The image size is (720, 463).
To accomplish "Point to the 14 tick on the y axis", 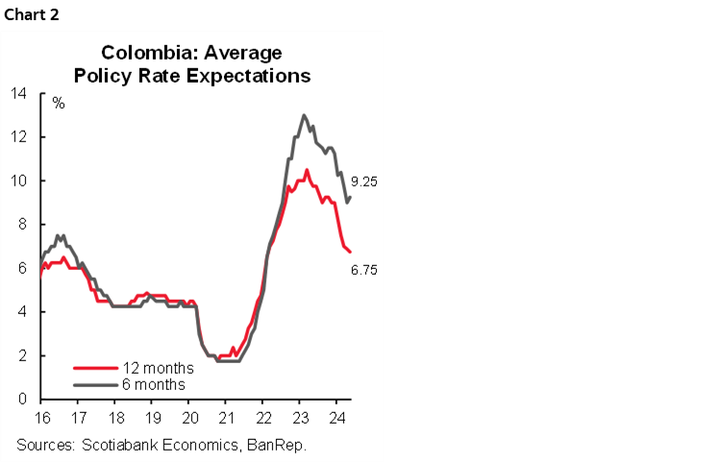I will point(19,93).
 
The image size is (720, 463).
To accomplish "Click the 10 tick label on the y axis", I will point(19,181).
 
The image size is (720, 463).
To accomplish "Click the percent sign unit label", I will point(59,103).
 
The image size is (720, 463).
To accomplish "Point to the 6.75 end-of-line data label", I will point(364,270).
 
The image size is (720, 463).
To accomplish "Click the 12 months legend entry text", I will point(158,368).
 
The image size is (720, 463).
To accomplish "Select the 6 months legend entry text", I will point(154,384).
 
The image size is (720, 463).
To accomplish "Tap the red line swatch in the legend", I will point(95,368).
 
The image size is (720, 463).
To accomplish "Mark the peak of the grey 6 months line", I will point(304,115).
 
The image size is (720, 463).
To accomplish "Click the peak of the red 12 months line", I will point(307,171).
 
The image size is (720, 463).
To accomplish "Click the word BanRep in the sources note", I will point(291,445).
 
